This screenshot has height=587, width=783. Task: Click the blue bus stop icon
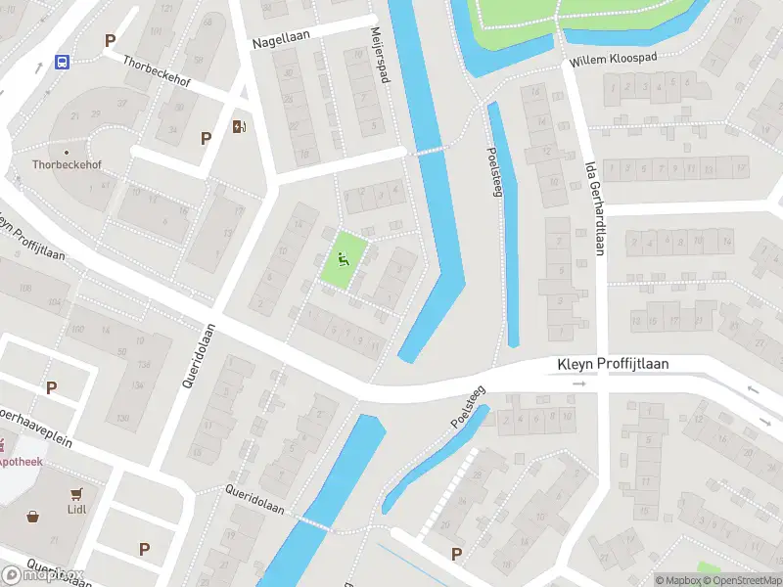pyautogui.click(x=63, y=63)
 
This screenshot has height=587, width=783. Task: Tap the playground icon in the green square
pyautogui.click(x=343, y=259)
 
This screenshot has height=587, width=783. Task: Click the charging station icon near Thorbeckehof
pyautogui.click(x=239, y=125)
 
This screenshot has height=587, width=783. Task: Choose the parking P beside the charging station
pyautogui.click(x=206, y=138)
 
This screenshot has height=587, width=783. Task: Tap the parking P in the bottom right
pyautogui.click(x=456, y=555)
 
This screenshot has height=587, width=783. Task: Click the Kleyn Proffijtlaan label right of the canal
pyautogui.click(x=613, y=364)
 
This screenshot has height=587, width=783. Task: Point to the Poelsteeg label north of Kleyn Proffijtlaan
pyautogui.click(x=493, y=173)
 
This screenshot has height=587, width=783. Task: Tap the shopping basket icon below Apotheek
pyautogui.click(x=32, y=516)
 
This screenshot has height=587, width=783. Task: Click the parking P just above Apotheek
pyautogui.click(x=51, y=387)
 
